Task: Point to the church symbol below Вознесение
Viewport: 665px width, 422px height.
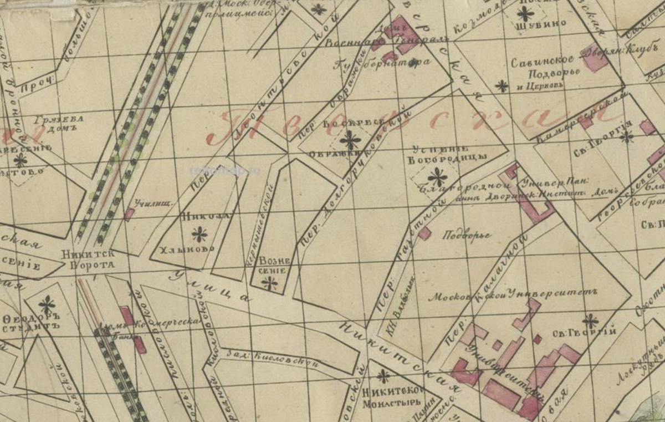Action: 270,284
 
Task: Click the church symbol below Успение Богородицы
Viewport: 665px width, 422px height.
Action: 437,177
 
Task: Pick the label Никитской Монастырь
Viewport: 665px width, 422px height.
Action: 392,397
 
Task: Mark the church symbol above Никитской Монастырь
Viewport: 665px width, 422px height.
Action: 383,377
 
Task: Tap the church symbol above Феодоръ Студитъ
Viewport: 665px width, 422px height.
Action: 47,304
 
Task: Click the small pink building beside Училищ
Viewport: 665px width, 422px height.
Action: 129,214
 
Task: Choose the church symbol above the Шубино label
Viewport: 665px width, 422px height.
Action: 525,13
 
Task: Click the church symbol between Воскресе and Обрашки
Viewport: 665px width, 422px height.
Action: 350,140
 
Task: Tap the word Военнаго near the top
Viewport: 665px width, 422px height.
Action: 347,43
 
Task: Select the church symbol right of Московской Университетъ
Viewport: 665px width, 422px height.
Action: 590,320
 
